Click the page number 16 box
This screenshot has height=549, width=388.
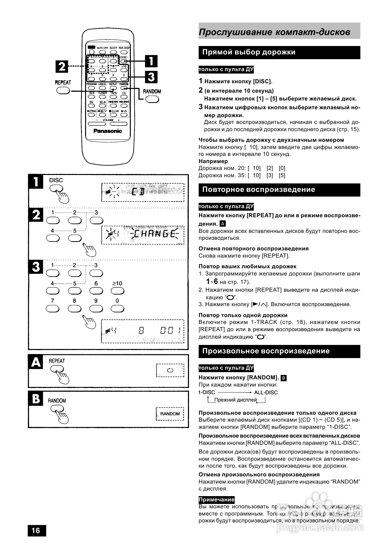coord(36,530)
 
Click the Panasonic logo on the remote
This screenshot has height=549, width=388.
coord(108,131)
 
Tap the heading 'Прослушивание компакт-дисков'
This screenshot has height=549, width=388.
coord(274,32)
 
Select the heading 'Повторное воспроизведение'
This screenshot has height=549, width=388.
coord(258,189)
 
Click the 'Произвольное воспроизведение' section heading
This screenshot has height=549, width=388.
coord(266,351)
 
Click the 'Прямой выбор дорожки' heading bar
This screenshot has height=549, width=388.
coord(249,52)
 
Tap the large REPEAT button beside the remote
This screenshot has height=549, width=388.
coord(63,90)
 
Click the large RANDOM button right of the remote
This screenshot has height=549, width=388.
coord(152,99)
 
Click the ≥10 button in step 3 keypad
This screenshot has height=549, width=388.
coord(117,291)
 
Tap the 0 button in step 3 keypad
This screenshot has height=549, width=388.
coord(117,309)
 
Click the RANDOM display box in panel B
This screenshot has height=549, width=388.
coord(170,414)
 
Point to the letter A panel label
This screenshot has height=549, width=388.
coord(36,362)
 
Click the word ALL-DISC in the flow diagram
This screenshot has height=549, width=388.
coord(266,393)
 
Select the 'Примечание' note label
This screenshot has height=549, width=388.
coord(217,500)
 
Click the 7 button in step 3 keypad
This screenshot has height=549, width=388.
coord(52,309)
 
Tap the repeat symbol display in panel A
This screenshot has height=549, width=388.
coord(170,370)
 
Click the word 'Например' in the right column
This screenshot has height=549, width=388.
coord(213,161)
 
